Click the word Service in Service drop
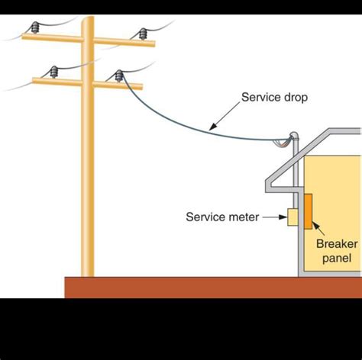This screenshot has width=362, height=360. (257, 98)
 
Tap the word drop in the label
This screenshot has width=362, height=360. (293, 98)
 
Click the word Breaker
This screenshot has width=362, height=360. (337, 244)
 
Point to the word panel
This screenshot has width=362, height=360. (337, 259)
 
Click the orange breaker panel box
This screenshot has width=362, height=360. (309, 211)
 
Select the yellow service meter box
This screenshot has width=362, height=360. (293, 217)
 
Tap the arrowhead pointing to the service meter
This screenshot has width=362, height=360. (283, 217)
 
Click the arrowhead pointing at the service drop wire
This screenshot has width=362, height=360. (213, 127)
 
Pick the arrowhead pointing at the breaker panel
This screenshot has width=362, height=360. (315, 226)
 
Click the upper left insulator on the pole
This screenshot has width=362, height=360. (34, 27)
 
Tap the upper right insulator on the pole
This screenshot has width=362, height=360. (143, 34)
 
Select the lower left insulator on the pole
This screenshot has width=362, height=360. (53, 72)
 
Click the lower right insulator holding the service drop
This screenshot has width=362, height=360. (119, 76)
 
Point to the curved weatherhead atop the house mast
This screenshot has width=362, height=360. (294, 135)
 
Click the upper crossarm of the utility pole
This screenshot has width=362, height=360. (89, 40)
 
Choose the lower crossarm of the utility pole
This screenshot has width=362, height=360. (87, 83)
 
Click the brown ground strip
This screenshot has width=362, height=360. (213, 288)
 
